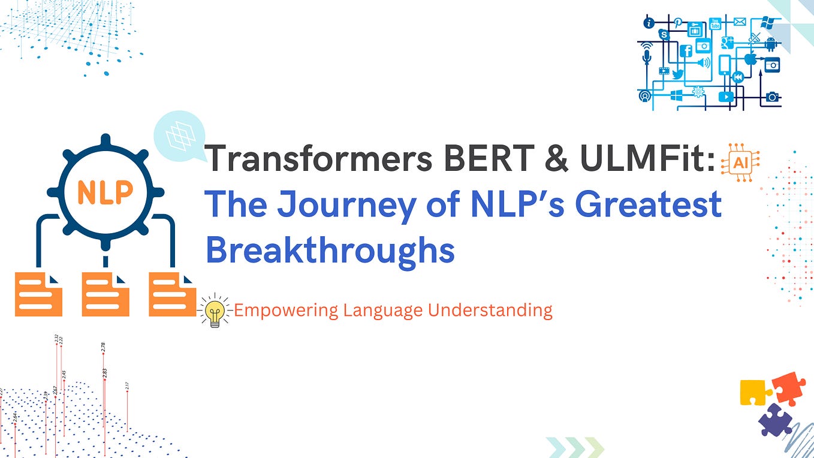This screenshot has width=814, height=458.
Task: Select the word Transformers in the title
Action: [x=318, y=159]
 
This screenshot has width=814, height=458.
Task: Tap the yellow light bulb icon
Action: [x=215, y=311]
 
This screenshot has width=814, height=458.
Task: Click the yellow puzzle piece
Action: [x=755, y=393]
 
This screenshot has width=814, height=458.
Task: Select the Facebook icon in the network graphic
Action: [x=686, y=52]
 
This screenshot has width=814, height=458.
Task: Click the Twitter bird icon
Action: [x=678, y=74]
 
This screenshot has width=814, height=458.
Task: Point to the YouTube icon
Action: [x=714, y=24]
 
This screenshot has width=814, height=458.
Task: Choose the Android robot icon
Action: [x=771, y=43]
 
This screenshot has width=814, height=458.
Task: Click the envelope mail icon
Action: [x=739, y=22]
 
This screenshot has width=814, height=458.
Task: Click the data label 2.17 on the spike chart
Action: [x=127, y=386]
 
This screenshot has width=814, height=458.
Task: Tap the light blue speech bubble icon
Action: [x=179, y=137]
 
